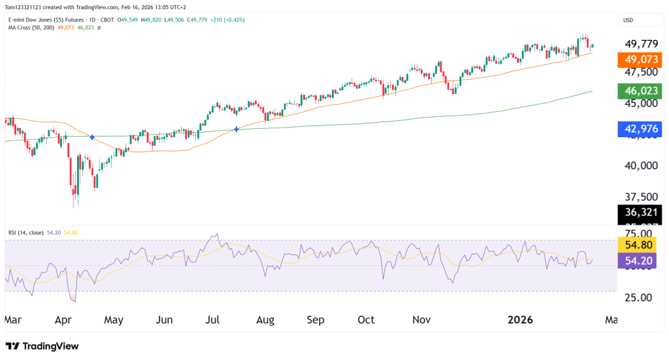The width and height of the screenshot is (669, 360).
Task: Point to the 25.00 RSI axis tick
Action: pyautogui.click(x=636, y=298)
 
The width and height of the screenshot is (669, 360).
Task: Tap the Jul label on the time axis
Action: pyautogui.click(x=213, y=320)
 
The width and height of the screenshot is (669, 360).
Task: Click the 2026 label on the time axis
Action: pyautogui.click(x=521, y=320)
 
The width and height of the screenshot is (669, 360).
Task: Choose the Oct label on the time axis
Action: pyautogui.click(x=366, y=320)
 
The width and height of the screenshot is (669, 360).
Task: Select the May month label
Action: pyautogui.click(x=114, y=320)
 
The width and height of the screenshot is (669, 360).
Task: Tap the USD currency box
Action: pyautogui.click(x=628, y=20)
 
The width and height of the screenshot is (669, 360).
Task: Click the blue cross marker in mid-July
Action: pyautogui.click(x=236, y=129)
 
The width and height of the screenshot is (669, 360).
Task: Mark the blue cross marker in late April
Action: pyautogui.click(x=92, y=137)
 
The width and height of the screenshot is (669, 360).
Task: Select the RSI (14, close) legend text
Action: pyautogui.click(x=27, y=232)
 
